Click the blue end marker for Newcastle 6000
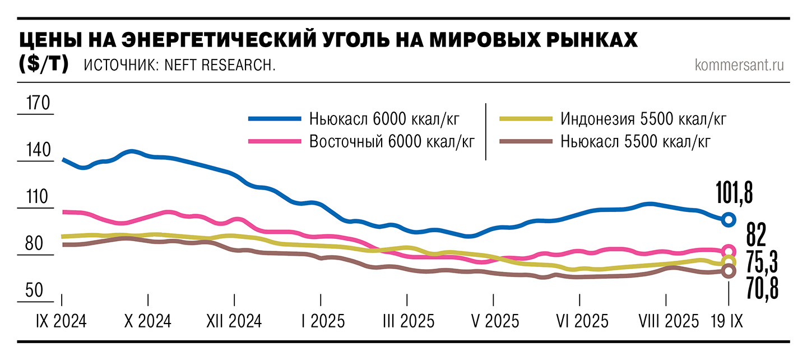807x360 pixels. pos(728,220)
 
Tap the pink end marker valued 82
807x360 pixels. pos(728,251)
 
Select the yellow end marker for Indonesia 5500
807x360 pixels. pos(728,262)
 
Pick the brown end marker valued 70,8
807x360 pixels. pos(728,271)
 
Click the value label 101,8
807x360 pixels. pos(734,193)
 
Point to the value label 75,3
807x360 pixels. pos(763,261)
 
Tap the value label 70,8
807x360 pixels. pos(763,289)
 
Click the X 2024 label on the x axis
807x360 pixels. pos(147,321)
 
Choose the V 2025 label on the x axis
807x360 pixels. pos(494,321)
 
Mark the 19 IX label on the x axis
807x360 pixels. pos(726,321)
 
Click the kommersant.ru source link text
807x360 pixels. pos(739,65)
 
